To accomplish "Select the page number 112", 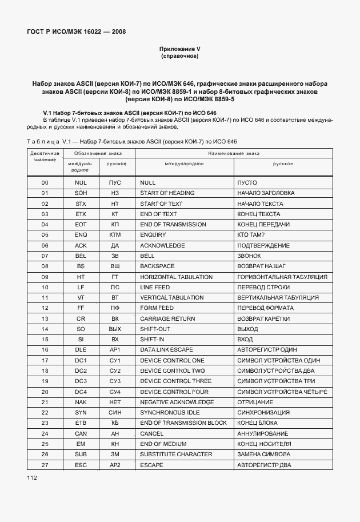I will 32,478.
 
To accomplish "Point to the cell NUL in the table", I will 81,182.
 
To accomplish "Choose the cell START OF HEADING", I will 167,193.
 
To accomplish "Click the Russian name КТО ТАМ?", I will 255,235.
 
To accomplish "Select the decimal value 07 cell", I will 45,256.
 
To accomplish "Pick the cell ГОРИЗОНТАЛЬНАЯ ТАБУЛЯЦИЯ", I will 282,277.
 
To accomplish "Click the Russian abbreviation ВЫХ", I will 115,329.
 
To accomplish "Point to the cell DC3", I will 81,381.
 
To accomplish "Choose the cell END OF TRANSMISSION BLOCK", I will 183,423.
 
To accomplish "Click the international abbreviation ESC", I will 81,465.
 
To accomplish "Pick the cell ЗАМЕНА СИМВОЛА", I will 264,455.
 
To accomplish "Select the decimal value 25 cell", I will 45,444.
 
